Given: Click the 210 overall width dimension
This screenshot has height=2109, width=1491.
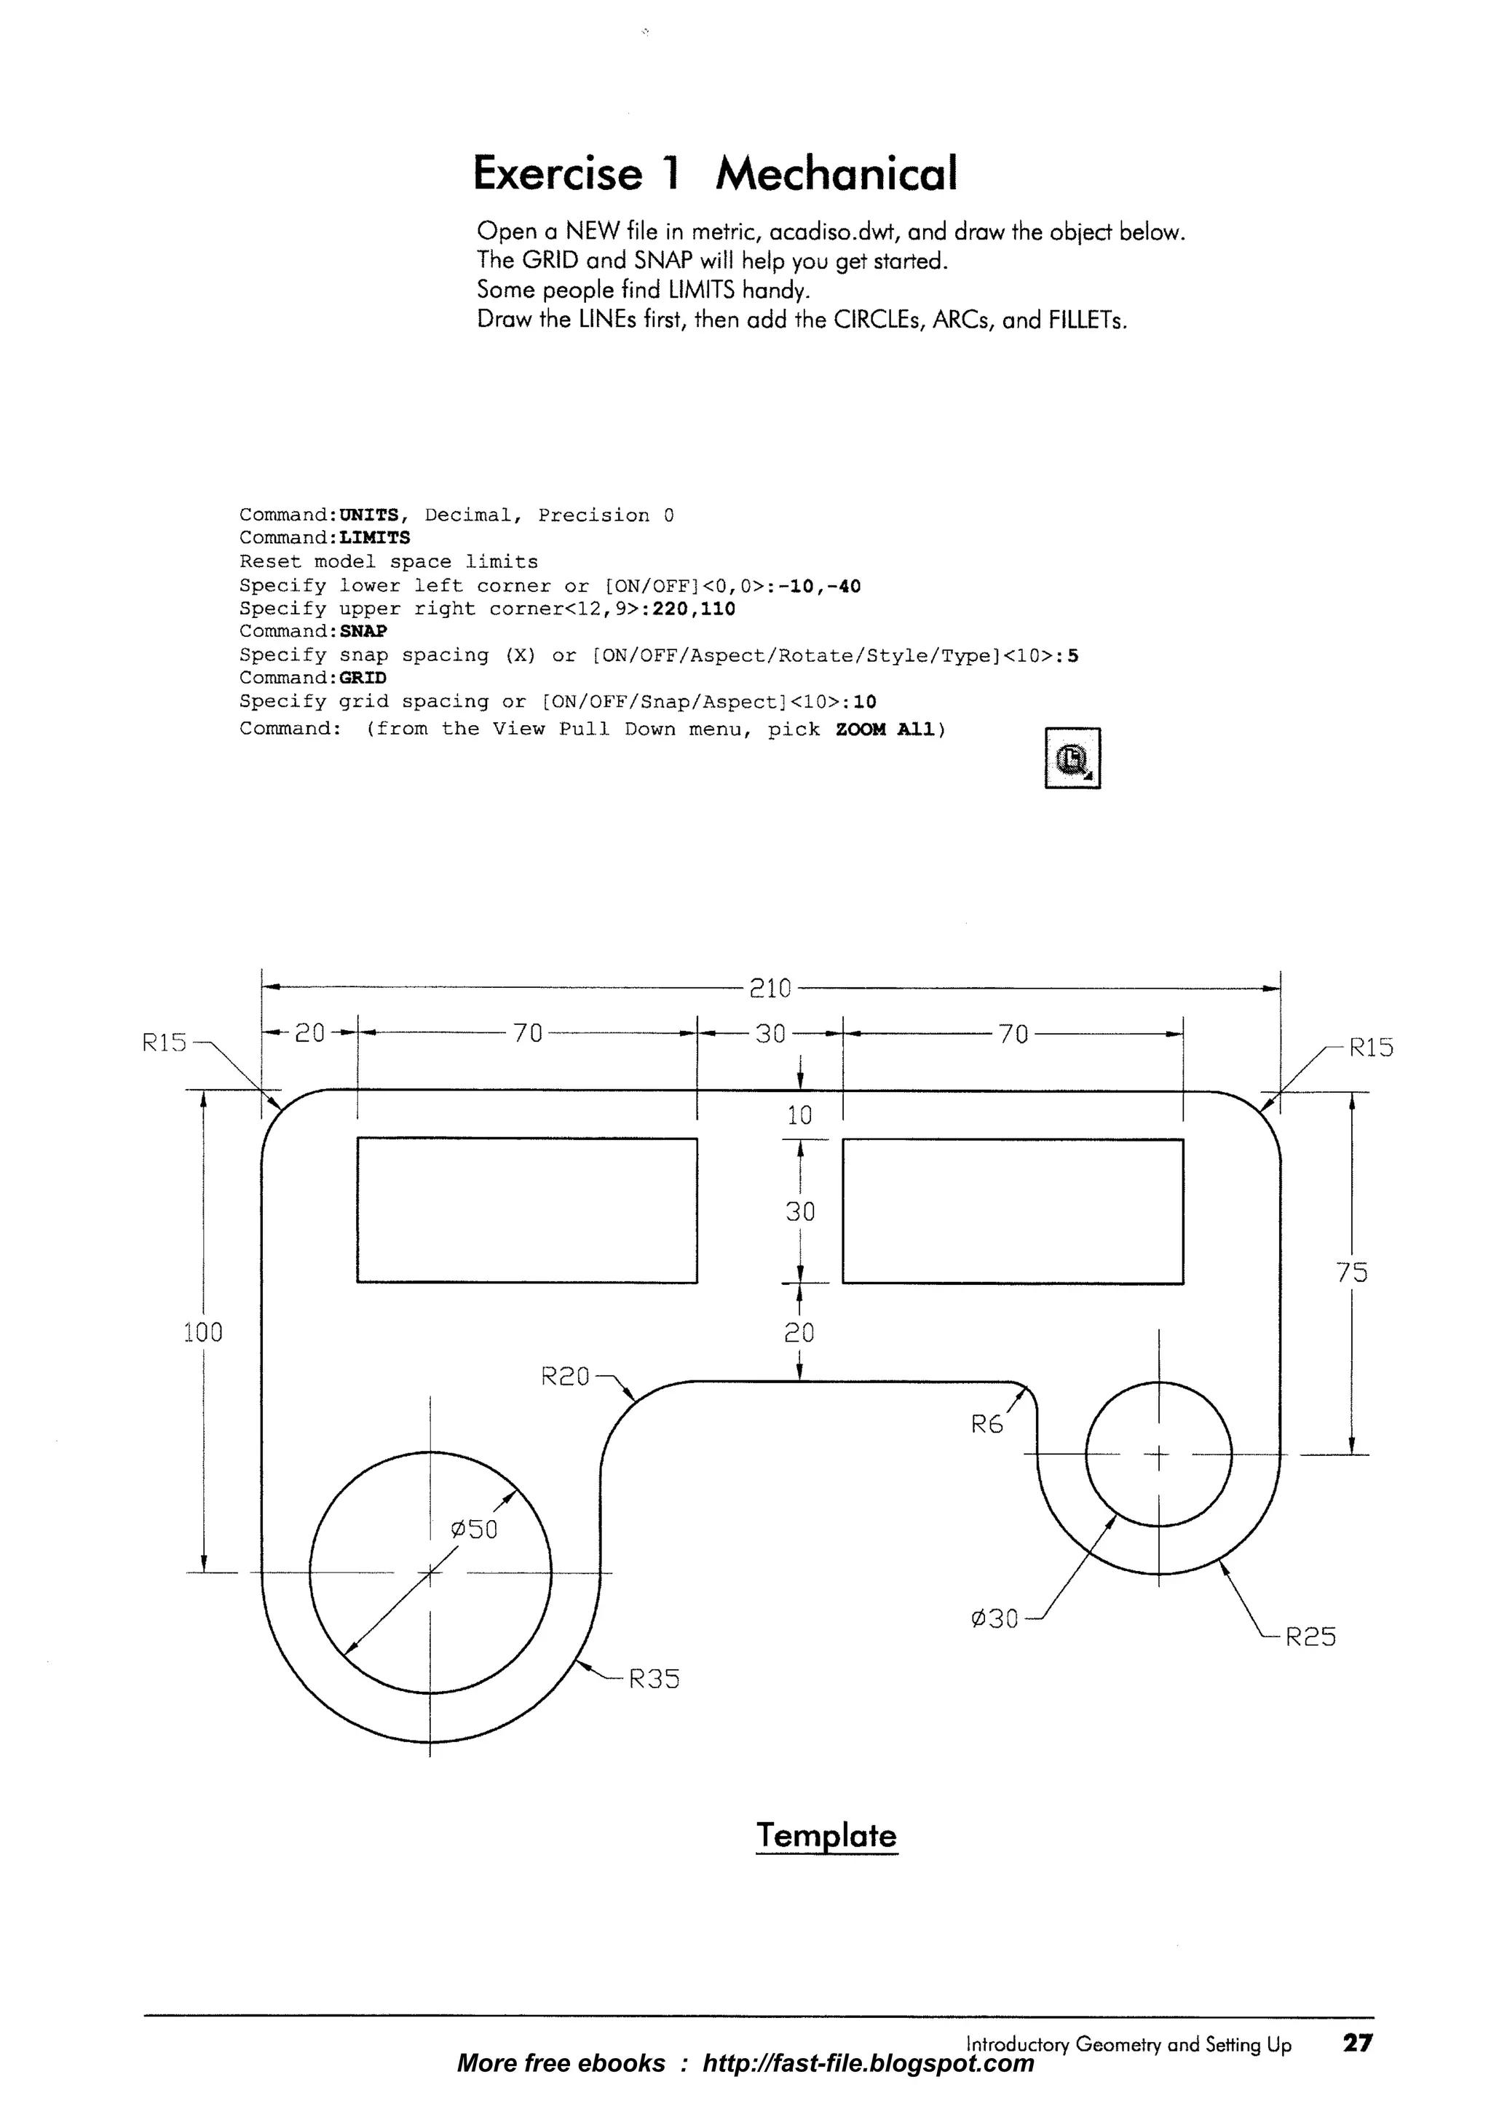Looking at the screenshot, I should [x=770, y=989].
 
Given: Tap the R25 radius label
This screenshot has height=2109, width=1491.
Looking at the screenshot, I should [x=1309, y=1637].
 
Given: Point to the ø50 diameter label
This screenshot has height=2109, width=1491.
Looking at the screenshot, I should [x=474, y=1530].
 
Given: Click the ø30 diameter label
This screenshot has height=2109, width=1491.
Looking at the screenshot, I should [x=994, y=1619].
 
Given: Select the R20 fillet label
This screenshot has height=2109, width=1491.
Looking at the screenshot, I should [x=565, y=1377].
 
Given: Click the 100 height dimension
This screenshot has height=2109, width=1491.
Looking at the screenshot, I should [x=203, y=1333].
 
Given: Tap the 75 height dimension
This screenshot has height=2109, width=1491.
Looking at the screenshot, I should [x=1351, y=1273].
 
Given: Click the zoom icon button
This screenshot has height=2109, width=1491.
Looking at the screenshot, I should [x=1072, y=759].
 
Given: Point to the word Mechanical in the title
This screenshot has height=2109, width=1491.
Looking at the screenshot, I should [x=836, y=173].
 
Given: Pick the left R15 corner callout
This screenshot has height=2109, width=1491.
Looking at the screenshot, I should [x=164, y=1043].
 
